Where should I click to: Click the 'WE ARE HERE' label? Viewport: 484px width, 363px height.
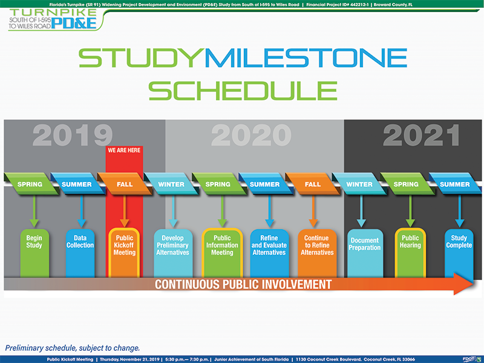coord(124,150)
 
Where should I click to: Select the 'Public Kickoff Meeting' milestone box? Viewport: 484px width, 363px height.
coord(124,252)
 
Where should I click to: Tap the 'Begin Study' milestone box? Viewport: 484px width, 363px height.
coord(34,253)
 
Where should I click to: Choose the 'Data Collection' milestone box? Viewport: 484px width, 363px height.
coord(80,253)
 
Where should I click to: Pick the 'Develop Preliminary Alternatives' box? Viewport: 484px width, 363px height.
coord(173,253)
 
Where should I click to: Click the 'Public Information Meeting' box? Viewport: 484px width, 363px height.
coord(222,252)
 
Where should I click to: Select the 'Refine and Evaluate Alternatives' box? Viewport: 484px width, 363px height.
coord(269,253)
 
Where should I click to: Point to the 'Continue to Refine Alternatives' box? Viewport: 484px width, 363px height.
coord(317,253)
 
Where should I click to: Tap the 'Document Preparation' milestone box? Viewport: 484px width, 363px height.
coord(365,253)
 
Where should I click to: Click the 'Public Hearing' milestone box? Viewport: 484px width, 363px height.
coord(410,252)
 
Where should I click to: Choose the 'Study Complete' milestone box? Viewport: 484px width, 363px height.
coord(459,253)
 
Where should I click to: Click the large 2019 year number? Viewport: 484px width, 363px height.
coord(73,135)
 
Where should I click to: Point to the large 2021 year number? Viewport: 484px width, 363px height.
coord(421,135)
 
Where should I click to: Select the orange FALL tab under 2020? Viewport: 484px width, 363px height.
coord(312,185)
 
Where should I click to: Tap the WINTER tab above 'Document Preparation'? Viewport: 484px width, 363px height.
coord(359,185)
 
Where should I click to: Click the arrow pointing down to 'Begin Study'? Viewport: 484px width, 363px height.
coord(34,211)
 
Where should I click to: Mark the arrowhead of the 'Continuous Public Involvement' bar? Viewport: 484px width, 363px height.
coord(463,284)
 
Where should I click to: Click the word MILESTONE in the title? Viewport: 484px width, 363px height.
coord(306,57)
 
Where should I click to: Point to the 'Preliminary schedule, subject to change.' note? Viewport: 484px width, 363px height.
coord(73,348)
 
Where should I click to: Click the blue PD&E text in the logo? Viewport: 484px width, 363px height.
coord(74,23)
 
